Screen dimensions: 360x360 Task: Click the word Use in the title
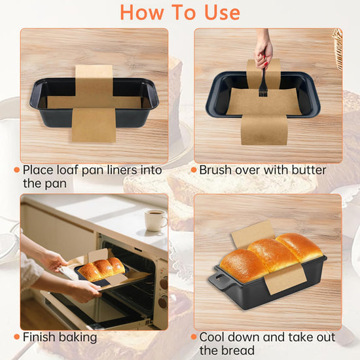click(222, 12)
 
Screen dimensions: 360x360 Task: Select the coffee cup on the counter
click(155, 220)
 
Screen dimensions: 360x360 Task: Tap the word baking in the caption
click(78, 338)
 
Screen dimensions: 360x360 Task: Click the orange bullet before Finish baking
click(16, 337)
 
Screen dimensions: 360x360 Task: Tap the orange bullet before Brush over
click(194, 170)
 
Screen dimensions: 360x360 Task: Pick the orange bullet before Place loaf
click(16, 170)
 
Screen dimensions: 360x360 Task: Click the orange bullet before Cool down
click(194, 337)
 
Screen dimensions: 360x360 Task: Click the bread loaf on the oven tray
click(101, 268)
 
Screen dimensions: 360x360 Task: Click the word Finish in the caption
click(39, 337)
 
